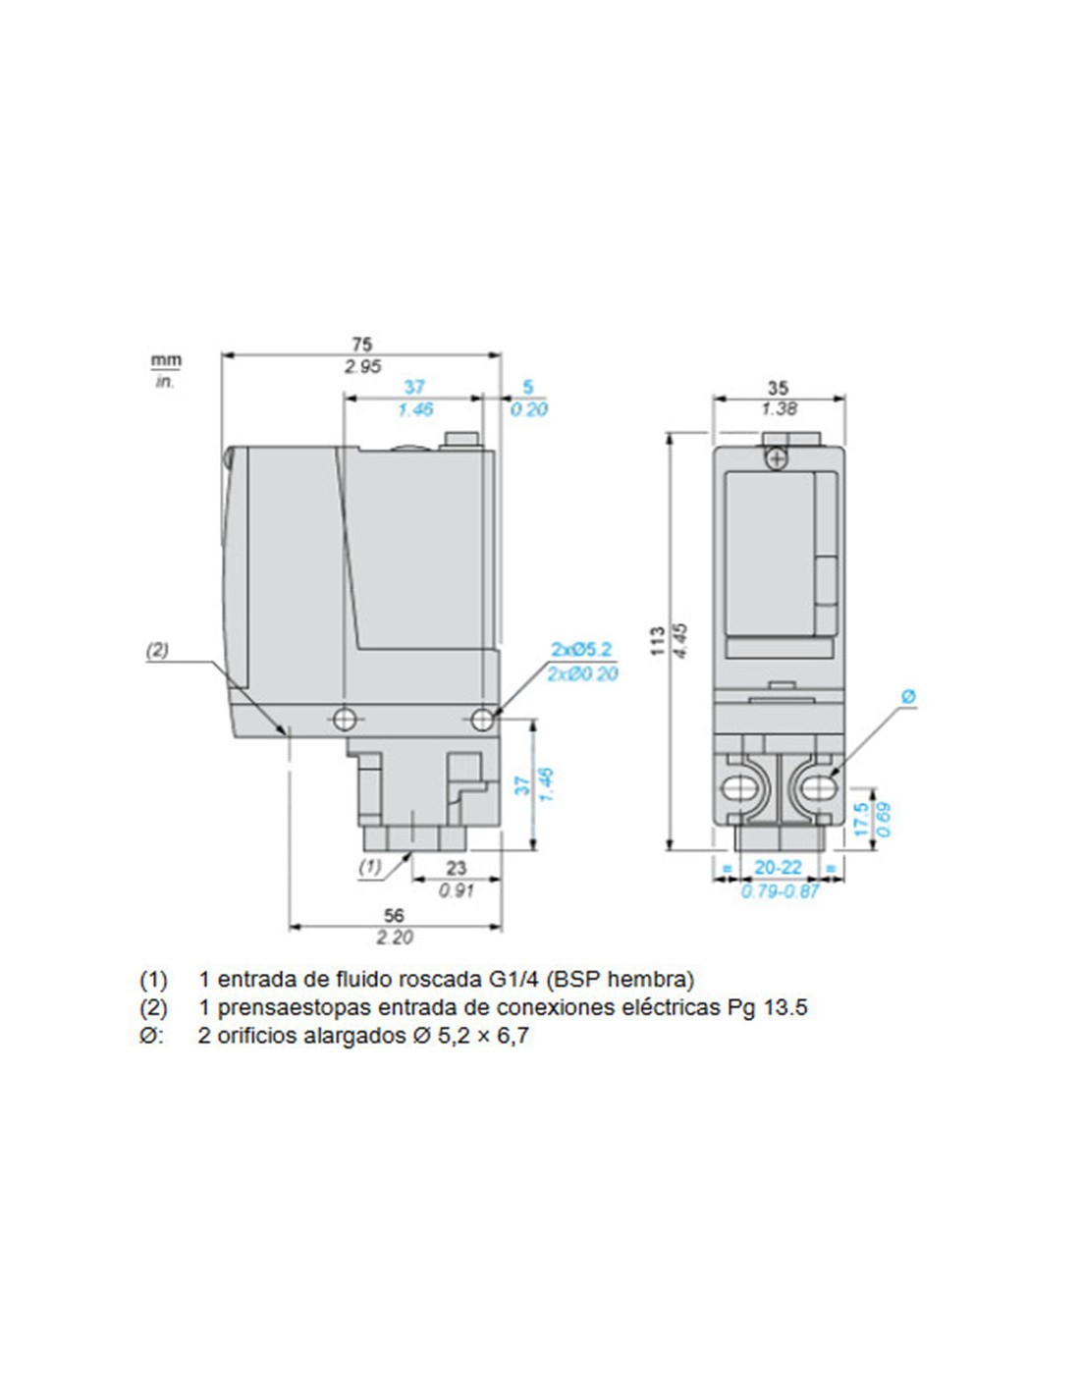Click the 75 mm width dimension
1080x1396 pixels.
[361, 345]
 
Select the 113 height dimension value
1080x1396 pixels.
[657, 640]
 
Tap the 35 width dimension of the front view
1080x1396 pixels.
[778, 388]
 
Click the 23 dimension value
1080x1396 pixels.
[456, 868]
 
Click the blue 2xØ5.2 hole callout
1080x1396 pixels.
[582, 650]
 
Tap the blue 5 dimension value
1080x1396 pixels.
[528, 387]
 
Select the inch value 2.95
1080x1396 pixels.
[362, 367]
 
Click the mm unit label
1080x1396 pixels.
[166, 360]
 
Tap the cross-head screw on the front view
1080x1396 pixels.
[778, 459]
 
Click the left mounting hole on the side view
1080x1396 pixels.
[344, 720]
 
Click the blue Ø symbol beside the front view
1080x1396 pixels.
[908, 696]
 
